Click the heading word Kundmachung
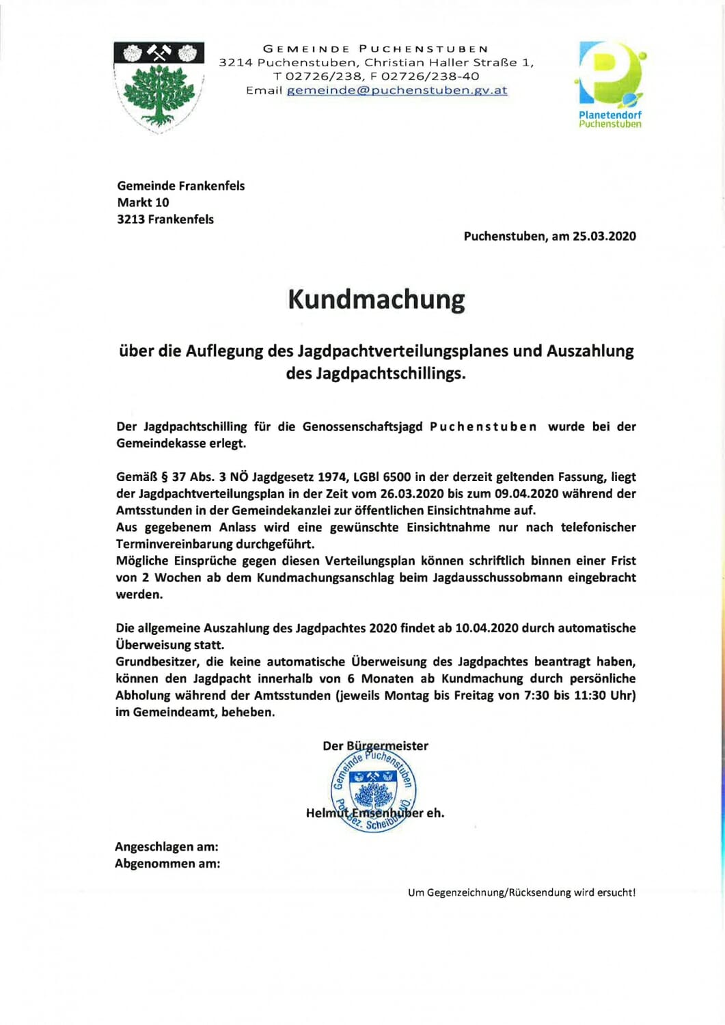(x=376, y=300)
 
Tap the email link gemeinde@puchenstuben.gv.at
(x=396, y=90)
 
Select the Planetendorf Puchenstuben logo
(x=610, y=85)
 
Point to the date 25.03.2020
(x=604, y=236)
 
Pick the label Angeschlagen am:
(x=167, y=847)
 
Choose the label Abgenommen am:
(x=167, y=864)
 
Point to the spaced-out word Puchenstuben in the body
(x=483, y=426)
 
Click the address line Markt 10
(x=143, y=202)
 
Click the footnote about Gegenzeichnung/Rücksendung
(x=521, y=892)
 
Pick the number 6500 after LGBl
(x=397, y=477)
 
